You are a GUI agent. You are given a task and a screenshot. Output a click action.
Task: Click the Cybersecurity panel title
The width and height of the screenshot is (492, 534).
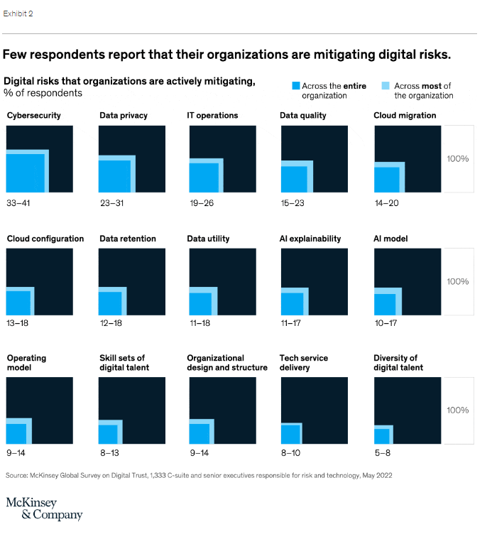[33, 115]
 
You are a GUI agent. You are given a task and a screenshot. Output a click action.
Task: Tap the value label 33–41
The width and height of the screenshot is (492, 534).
[19, 203]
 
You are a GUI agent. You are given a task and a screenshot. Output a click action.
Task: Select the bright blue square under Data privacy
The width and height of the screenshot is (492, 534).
[114, 176]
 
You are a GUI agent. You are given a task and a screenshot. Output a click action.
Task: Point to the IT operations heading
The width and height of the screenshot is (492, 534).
[212, 115]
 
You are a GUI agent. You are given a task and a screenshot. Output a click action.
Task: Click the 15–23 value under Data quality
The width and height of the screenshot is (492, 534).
[294, 203]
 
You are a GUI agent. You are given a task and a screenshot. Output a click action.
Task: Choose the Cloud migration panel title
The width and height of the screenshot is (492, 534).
[405, 115]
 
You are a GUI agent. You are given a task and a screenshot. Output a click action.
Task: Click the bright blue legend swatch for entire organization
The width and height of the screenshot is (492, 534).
[296, 85]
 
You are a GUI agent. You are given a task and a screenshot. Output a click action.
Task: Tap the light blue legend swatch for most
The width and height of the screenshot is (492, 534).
[386, 85]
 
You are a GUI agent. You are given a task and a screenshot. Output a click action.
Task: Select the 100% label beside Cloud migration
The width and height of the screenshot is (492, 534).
[458, 158]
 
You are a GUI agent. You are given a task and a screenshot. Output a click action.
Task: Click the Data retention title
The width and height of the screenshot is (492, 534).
[128, 239]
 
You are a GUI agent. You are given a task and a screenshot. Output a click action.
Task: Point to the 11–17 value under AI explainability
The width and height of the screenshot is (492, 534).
[294, 324]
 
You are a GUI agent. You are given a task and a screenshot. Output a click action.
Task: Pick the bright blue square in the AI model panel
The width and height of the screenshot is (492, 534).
[384, 304]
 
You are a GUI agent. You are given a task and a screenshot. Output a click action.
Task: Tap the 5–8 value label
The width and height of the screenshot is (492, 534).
[383, 452]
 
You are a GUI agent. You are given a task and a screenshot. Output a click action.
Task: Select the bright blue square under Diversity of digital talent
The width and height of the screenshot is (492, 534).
[381, 436]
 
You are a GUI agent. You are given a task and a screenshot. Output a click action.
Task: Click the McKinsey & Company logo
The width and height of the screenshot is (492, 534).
[44, 508]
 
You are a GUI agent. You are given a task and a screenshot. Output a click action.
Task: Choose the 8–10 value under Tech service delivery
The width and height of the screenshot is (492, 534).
[292, 452]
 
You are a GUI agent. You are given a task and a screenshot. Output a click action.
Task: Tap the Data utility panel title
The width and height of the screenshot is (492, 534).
[208, 239]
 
